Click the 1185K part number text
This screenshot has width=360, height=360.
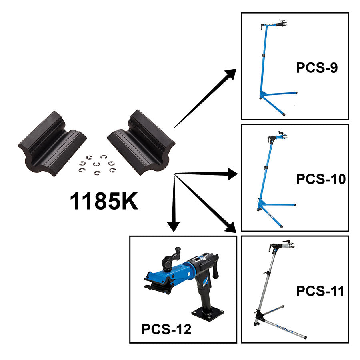pyautogui.click(x=104, y=202)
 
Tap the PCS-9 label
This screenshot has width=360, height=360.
pyautogui.click(x=317, y=68)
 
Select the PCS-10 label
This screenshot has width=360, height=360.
pyautogui.click(x=320, y=179)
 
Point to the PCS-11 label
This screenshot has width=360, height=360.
pyautogui.click(x=320, y=291)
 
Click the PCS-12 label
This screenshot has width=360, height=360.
pyautogui.click(x=166, y=330)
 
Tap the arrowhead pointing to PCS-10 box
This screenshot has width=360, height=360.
pyautogui.click(x=232, y=174)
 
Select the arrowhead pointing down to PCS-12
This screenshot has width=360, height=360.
pyautogui.click(x=173, y=226)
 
